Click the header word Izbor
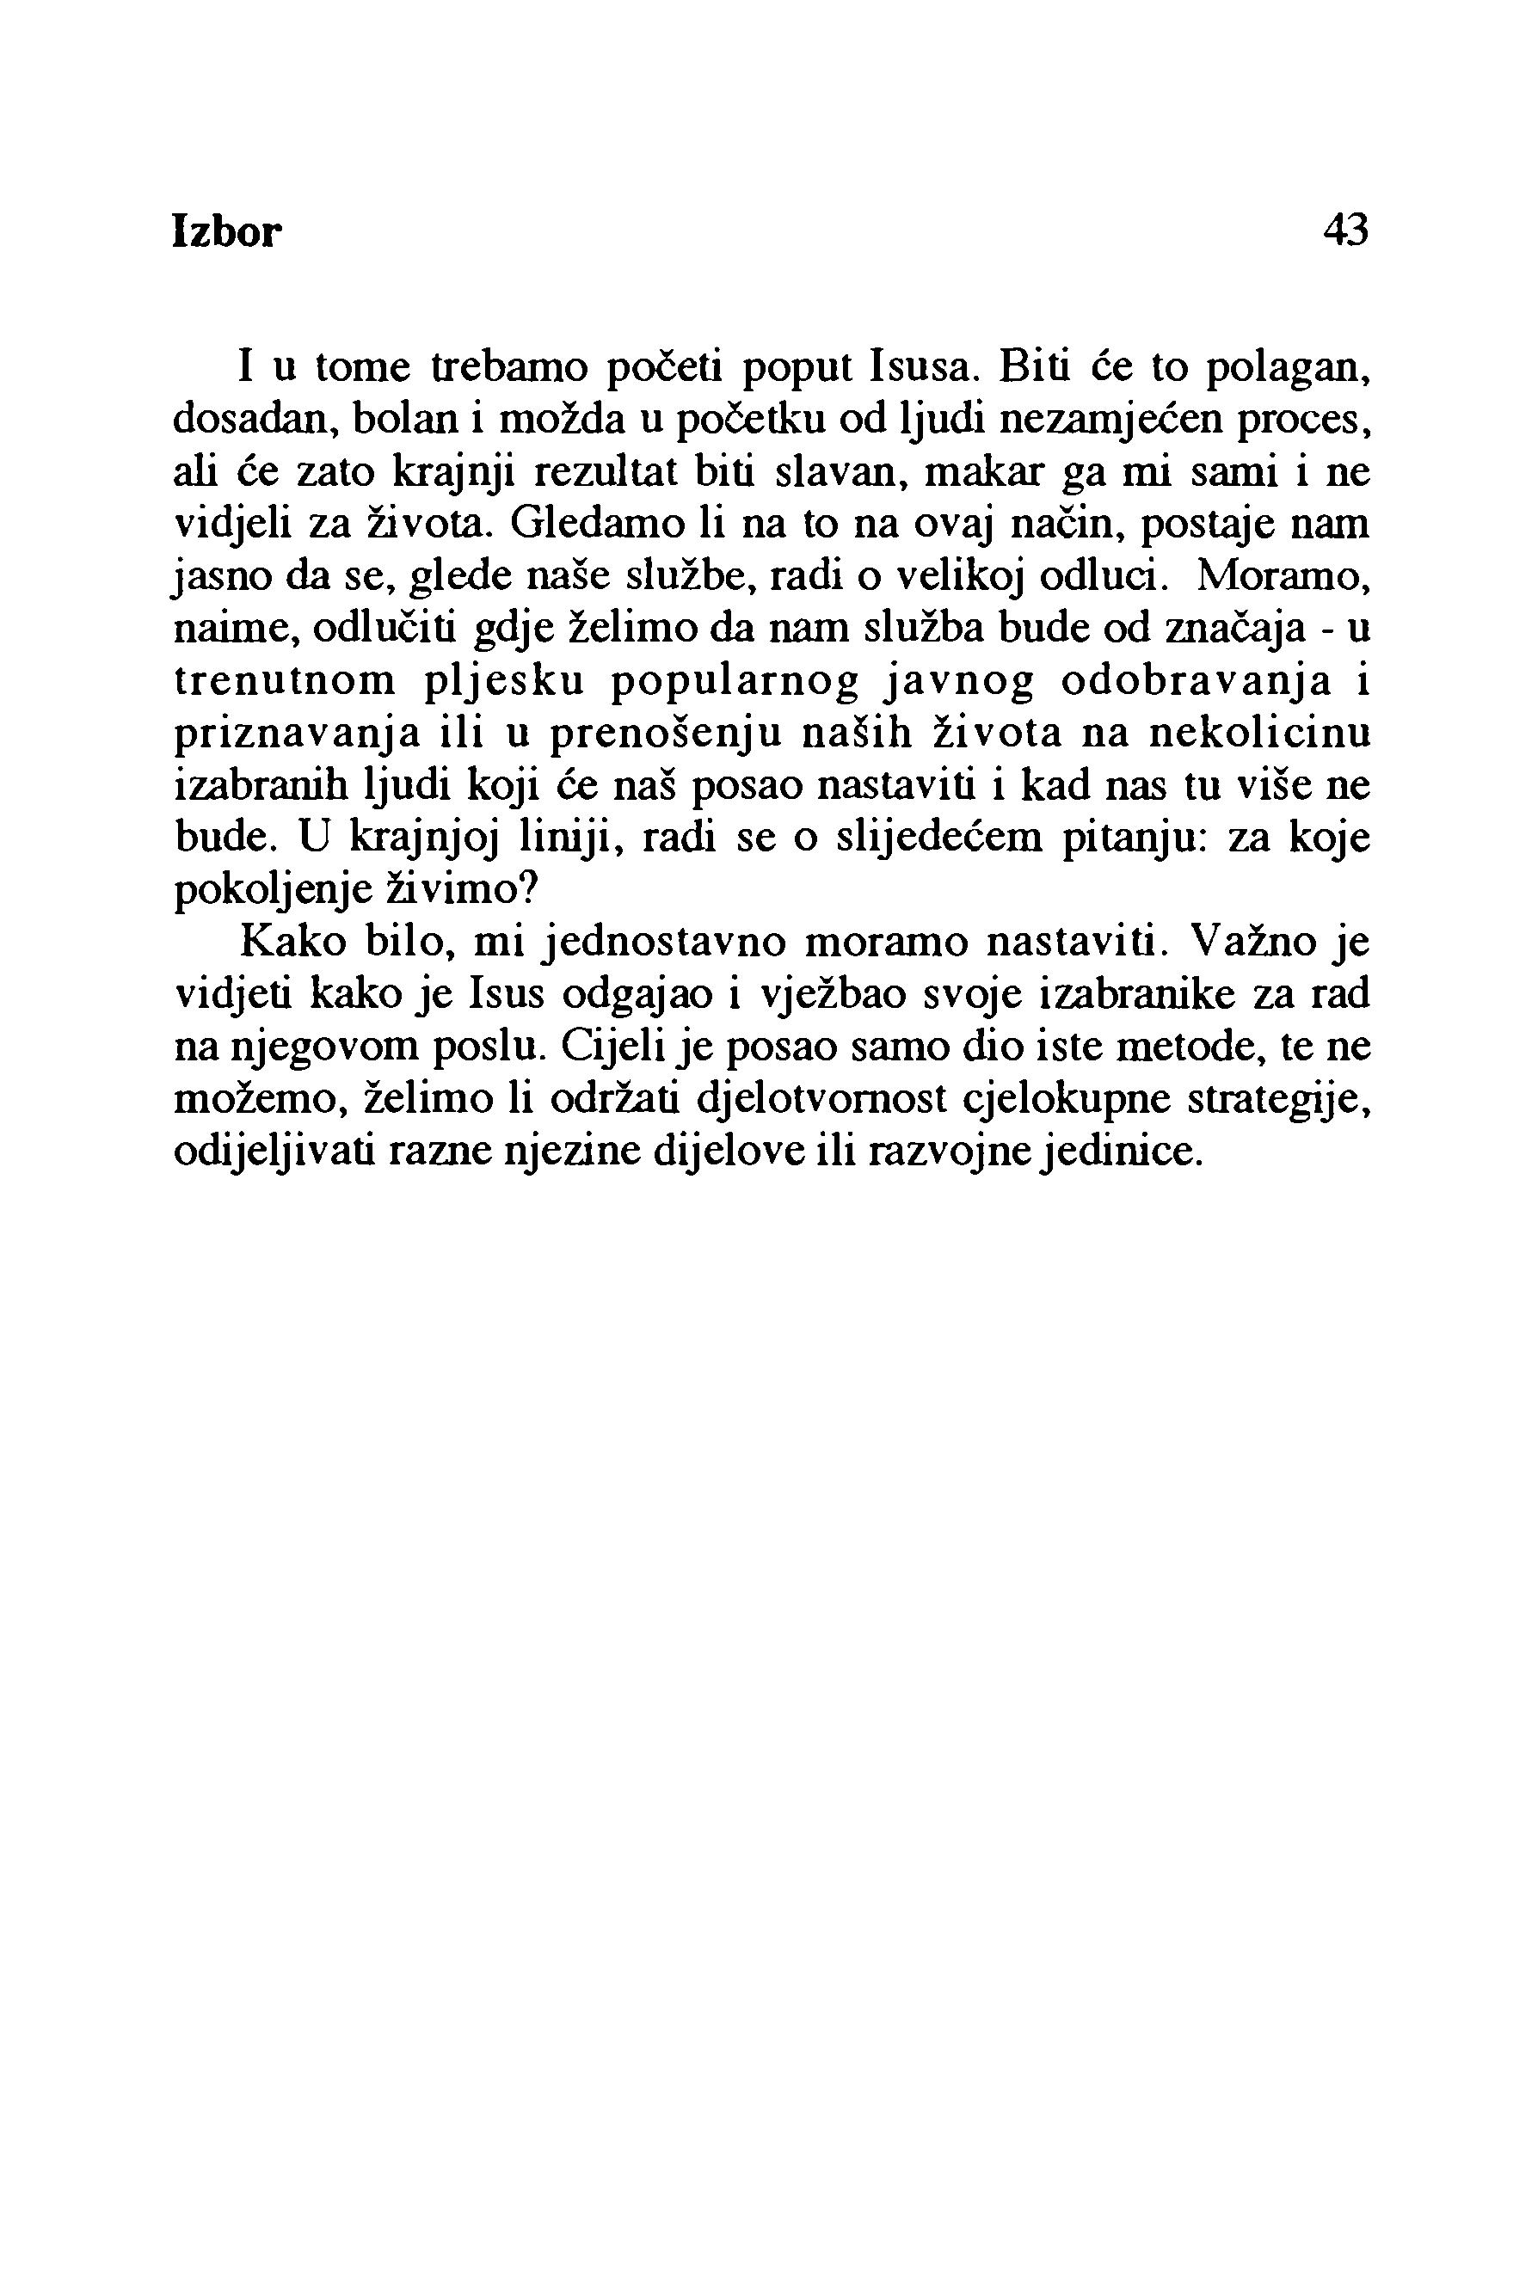coord(226,232)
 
